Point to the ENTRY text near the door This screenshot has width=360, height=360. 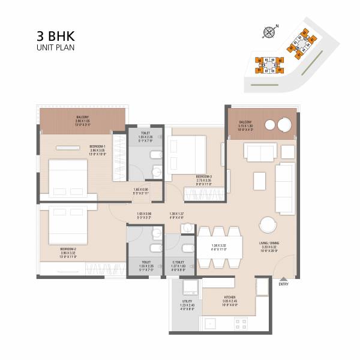(x=284, y=284)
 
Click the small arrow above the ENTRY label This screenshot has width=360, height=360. (x=284, y=278)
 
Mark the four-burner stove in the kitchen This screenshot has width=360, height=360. (x=241, y=325)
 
